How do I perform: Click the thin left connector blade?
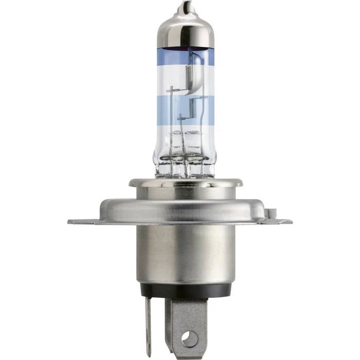click(148, 324)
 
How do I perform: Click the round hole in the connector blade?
click(189, 339)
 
